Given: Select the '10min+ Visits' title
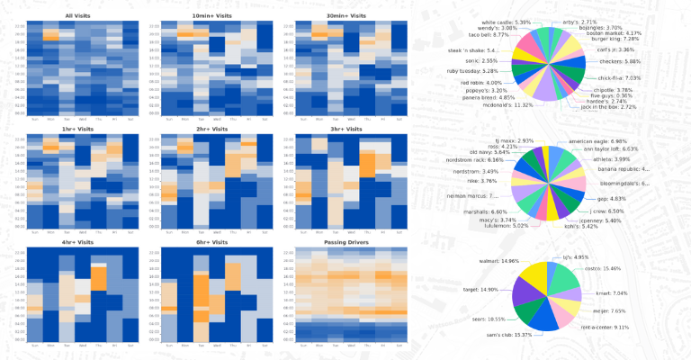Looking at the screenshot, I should click(x=210, y=15).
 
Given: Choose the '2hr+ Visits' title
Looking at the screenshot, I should click(x=210, y=129).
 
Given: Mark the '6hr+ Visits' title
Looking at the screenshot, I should click(x=210, y=242).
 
